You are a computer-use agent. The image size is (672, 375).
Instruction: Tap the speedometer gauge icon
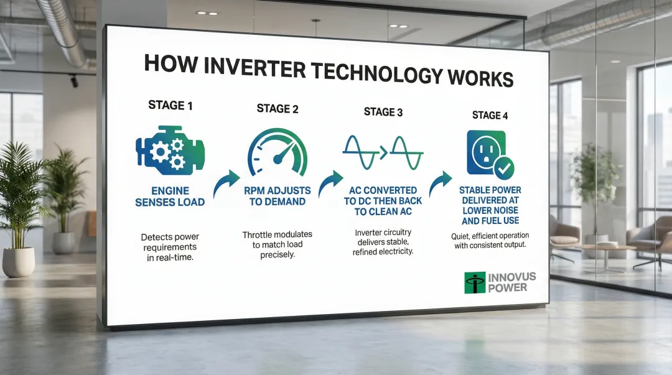click(x=278, y=153)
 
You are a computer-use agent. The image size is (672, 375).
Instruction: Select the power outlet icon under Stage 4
click(x=487, y=152)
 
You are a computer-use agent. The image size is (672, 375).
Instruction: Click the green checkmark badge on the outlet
click(x=504, y=167)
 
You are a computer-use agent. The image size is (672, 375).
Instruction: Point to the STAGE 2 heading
click(x=278, y=109)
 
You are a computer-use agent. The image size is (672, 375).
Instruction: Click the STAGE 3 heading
click(x=383, y=113)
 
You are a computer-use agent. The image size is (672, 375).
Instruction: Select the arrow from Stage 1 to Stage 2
click(x=226, y=183)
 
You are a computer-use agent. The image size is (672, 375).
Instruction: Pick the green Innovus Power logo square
click(x=475, y=283)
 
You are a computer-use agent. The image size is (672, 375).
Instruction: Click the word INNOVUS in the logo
click(x=511, y=277)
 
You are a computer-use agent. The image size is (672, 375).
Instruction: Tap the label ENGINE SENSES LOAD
click(x=170, y=197)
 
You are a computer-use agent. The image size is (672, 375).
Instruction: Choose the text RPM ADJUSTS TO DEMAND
click(x=278, y=196)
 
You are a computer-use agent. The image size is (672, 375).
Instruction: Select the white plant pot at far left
click(x=19, y=262)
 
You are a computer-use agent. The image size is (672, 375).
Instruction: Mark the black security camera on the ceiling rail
click(x=74, y=81)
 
